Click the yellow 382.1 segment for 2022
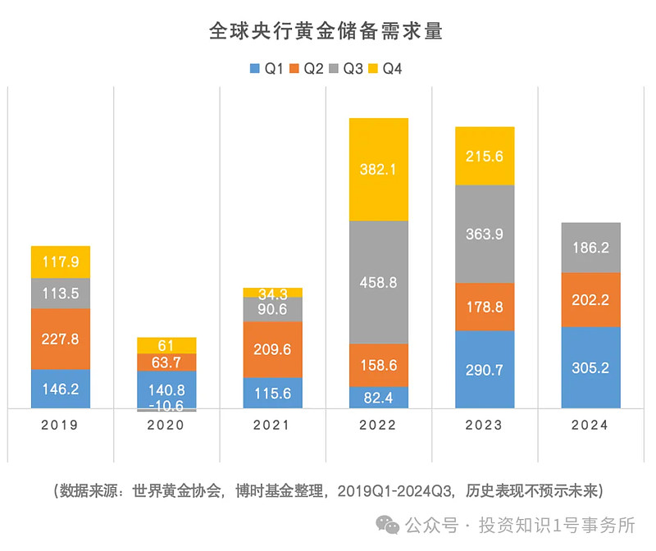pyautogui.click(x=379, y=170)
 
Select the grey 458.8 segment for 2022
pyautogui.click(x=379, y=282)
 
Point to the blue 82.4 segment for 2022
pyautogui.click(x=379, y=398)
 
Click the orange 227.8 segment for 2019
pyautogui.click(x=61, y=339)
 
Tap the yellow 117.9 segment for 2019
pyautogui.click(x=61, y=262)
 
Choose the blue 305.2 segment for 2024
pyautogui.click(x=590, y=367)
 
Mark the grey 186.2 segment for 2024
pyautogui.click(x=590, y=247)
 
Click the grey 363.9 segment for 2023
pyautogui.click(x=485, y=235)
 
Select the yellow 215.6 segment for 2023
pyautogui.click(x=485, y=156)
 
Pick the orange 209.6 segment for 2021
pyautogui.click(x=273, y=349)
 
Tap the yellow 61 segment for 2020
pyautogui.click(x=166, y=345)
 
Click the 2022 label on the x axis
pyautogui.click(x=379, y=425)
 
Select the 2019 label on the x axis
pyautogui.click(x=61, y=425)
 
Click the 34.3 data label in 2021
pyautogui.click(x=273, y=293)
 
